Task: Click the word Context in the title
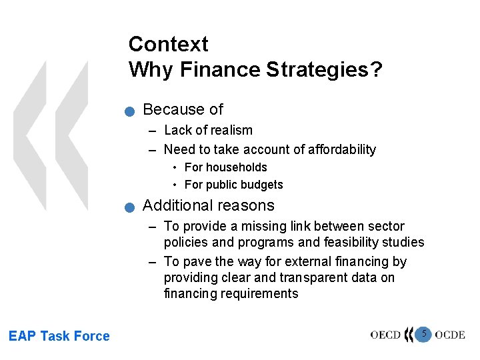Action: (168, 44)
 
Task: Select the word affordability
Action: (339, 149)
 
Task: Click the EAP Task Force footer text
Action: (59, 336)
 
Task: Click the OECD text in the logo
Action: (385, 335)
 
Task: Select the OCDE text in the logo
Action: (450, 335)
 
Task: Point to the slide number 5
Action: (423, 333)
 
